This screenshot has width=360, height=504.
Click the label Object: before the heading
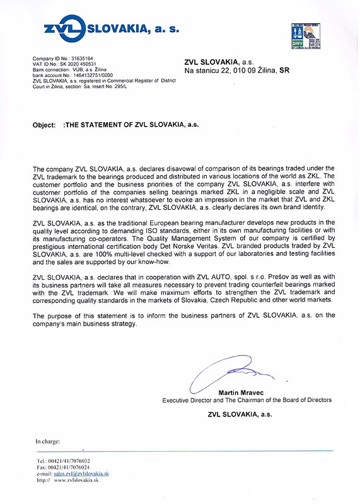tap(44, 125)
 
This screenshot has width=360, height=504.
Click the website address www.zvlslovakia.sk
tap(75, 480)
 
